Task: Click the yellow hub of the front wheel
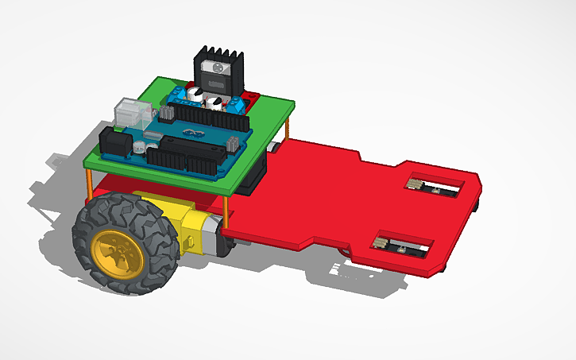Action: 118,253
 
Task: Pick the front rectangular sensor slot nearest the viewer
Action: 403,244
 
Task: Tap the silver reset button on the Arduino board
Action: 138,147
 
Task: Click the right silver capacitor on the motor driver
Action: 215,101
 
